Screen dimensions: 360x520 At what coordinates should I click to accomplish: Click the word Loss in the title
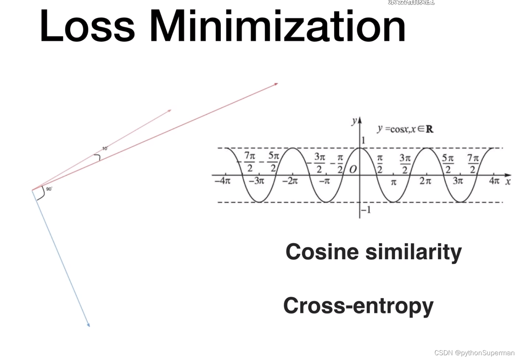click(87, 26)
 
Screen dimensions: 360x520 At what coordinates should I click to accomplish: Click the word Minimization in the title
click(277, 26)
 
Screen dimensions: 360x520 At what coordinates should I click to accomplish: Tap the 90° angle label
click(49, 189)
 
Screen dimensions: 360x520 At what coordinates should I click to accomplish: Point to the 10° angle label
click(105, 149)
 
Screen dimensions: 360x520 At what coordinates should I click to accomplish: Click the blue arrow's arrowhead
click(89, 325)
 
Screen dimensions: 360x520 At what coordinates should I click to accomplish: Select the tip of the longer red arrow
click(277, 84)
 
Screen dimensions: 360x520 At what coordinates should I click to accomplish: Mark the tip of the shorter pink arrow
click(170, 110)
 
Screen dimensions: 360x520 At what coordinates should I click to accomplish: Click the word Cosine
click(322, 252)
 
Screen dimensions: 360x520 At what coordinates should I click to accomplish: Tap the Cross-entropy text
click(358, 306)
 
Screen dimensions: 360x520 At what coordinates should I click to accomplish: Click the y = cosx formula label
click(405, 129)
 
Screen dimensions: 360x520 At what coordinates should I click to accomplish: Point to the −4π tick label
click(223, 181)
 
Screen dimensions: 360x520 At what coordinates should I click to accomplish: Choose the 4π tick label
click(494, 181)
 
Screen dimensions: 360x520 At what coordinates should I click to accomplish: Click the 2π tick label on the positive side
click(426, 181)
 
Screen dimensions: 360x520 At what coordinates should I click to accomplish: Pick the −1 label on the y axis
click(366, 210)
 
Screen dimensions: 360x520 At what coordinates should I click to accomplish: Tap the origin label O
click(353, 170)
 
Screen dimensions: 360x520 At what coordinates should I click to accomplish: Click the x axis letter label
click(508, 182)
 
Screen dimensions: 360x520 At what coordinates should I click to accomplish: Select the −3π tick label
click(257, 181)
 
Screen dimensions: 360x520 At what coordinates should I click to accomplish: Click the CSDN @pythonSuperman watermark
click(474, 353)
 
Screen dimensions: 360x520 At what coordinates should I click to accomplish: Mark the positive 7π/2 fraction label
click(473, 163)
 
